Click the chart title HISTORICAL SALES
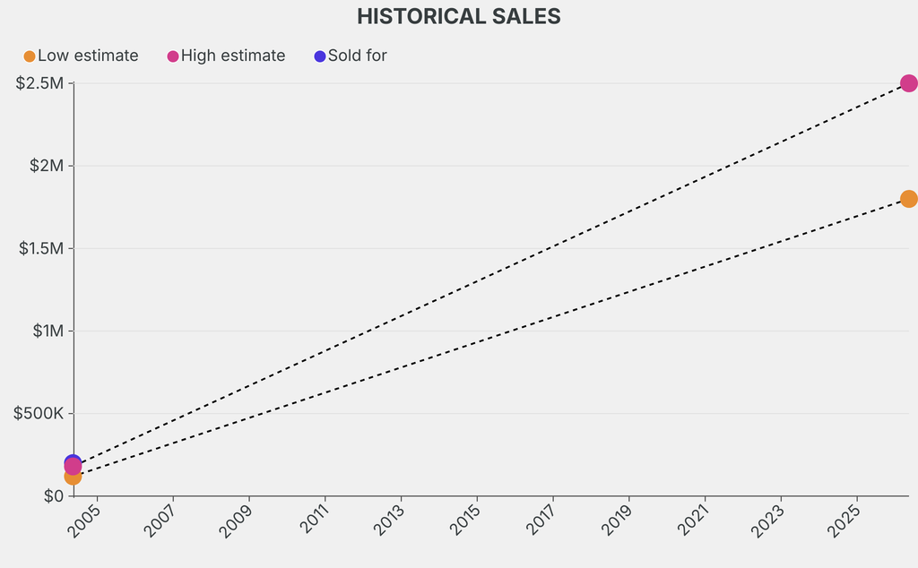coord(458,16)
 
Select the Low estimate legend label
coord(88,56)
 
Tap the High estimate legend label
coord(233,56)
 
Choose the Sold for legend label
coord(357,56)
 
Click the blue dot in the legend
coord(320,56)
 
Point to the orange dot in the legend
coord(30,56)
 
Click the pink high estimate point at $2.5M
coord(908,83)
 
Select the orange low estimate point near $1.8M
coord(908,199)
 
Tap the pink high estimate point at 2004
coord(73,466)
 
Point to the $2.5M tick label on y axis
coord(39,83)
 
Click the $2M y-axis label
coord(46,166)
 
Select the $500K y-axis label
coord(37,413)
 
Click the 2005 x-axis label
coord(87,520)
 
